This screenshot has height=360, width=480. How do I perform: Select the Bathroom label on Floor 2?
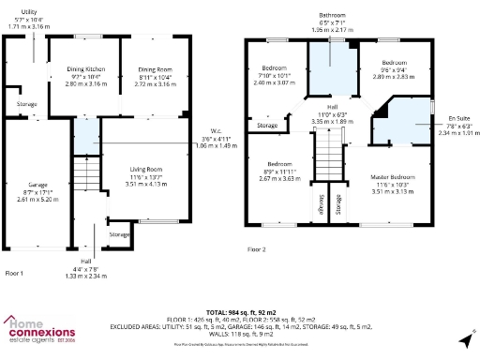(x=332, y=16)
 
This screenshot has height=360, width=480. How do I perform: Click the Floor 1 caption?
(x=15, y=272)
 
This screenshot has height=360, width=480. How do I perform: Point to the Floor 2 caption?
(x=257, y=249)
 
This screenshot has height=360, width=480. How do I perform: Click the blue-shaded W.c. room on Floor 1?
(x=86, y=140)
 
